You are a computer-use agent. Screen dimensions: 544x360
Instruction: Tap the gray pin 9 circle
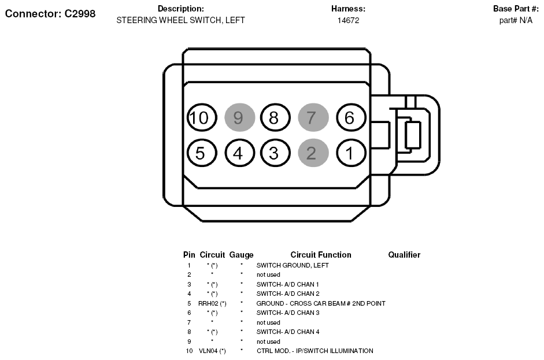(x=240, y=117)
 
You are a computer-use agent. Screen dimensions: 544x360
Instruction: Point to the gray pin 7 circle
(x=313, y=117)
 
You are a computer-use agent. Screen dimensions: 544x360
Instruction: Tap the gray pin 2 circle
(x=313, y=153)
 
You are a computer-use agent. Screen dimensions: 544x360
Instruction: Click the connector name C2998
(x=80, y=13)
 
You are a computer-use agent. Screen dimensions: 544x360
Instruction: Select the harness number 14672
(x=349, y=20)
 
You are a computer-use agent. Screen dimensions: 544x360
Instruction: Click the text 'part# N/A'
(x=516, y=20)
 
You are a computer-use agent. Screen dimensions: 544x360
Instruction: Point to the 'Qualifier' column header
(x=404, y=255)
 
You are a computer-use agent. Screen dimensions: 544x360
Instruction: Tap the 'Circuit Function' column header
(x=321, y=255)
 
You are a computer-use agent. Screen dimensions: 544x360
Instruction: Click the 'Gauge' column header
(x=242, y=255)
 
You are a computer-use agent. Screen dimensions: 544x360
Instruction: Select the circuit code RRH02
(x=208, y=303)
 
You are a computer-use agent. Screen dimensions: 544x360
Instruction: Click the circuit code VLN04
(x=208, y=351)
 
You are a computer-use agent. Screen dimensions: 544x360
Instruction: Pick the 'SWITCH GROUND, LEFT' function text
(x=293, y=265)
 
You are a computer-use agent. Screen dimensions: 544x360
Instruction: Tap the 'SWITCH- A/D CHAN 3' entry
(x=288, y=313)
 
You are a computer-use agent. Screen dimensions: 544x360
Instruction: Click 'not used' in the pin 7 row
(x=268, y=322)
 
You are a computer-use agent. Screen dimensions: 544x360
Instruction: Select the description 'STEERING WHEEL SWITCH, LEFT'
(x=180, y=20)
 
